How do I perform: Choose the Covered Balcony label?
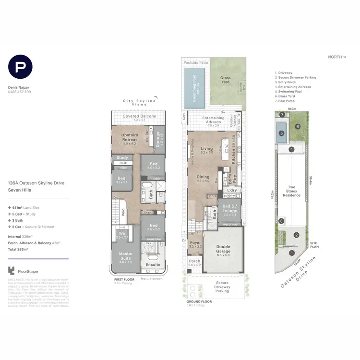139,116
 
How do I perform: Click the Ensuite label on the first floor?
154,264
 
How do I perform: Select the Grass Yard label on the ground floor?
226,80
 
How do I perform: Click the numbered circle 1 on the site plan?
291,253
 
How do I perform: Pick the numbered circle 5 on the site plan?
282,133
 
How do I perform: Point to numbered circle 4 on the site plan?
291,150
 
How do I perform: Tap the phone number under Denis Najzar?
20,92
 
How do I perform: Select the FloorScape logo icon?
12,271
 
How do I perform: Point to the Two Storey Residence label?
292,191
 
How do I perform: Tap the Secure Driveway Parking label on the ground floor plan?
222,288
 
